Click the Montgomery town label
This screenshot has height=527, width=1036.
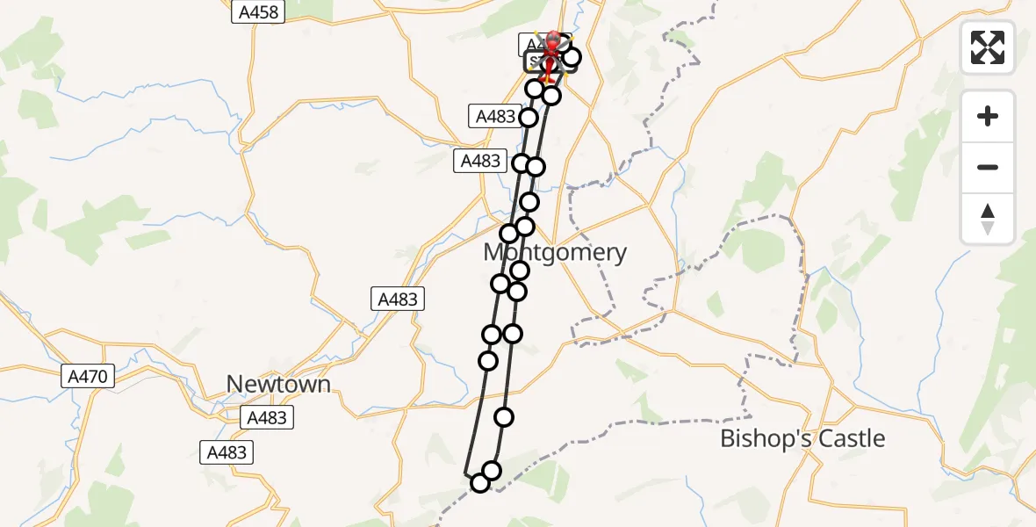coord(555,253)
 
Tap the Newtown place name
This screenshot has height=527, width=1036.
coord(278,385)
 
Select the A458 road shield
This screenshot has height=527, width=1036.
coord(257,12)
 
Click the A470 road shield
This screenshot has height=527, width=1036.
coord(88,377)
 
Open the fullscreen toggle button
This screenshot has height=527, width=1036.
coord(988,47)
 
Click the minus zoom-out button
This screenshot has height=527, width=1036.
coord(988,167)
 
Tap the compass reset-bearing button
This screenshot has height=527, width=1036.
coord(988,219)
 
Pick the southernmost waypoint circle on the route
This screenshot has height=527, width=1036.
coord(479,483)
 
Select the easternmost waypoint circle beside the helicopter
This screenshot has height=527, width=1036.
coord(572,58)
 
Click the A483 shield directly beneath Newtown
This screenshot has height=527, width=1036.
coord(267,417)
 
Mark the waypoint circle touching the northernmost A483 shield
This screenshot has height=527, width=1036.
coord(529,118)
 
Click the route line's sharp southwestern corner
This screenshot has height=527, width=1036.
coord(464,473)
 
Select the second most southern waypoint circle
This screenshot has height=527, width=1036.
coord(492,471)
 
